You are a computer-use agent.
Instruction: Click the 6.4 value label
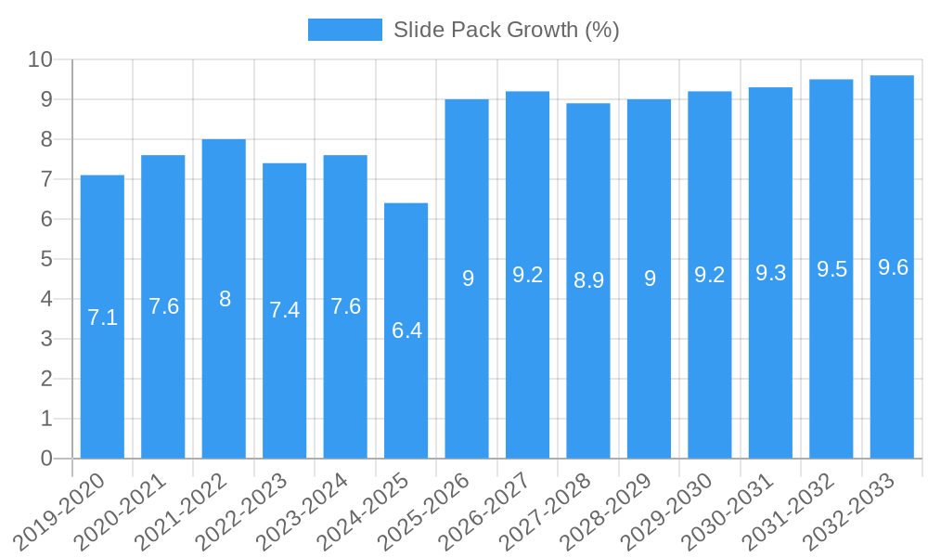point(406,330)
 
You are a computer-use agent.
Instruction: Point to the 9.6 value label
point(893,267)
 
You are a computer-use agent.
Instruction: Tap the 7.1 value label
point(102,317)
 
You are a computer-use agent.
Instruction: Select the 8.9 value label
point(588,280)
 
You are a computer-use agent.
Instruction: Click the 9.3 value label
point(770,273)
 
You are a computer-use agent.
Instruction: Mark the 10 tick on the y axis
point(40,59)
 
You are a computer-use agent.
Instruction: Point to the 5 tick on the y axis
point(46,259)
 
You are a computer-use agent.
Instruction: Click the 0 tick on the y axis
point(46,459)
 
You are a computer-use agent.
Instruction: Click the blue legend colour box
point(344,30)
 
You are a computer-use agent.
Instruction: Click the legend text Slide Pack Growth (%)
point(506,30)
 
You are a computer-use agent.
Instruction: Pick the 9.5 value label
point(831,269)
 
